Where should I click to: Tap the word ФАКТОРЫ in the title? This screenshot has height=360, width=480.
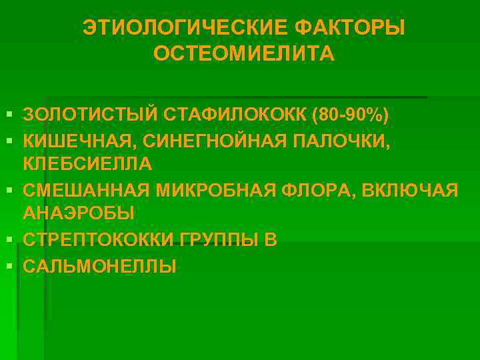(x=349, y=28)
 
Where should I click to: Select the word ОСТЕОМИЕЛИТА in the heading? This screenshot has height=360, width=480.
(x=244, y=53)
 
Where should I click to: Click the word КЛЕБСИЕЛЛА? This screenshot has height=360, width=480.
(x=87, y=163)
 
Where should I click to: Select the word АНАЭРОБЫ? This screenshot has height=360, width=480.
(x=79, y=213)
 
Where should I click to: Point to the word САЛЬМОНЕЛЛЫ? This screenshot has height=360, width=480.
(x=100, y=267)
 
